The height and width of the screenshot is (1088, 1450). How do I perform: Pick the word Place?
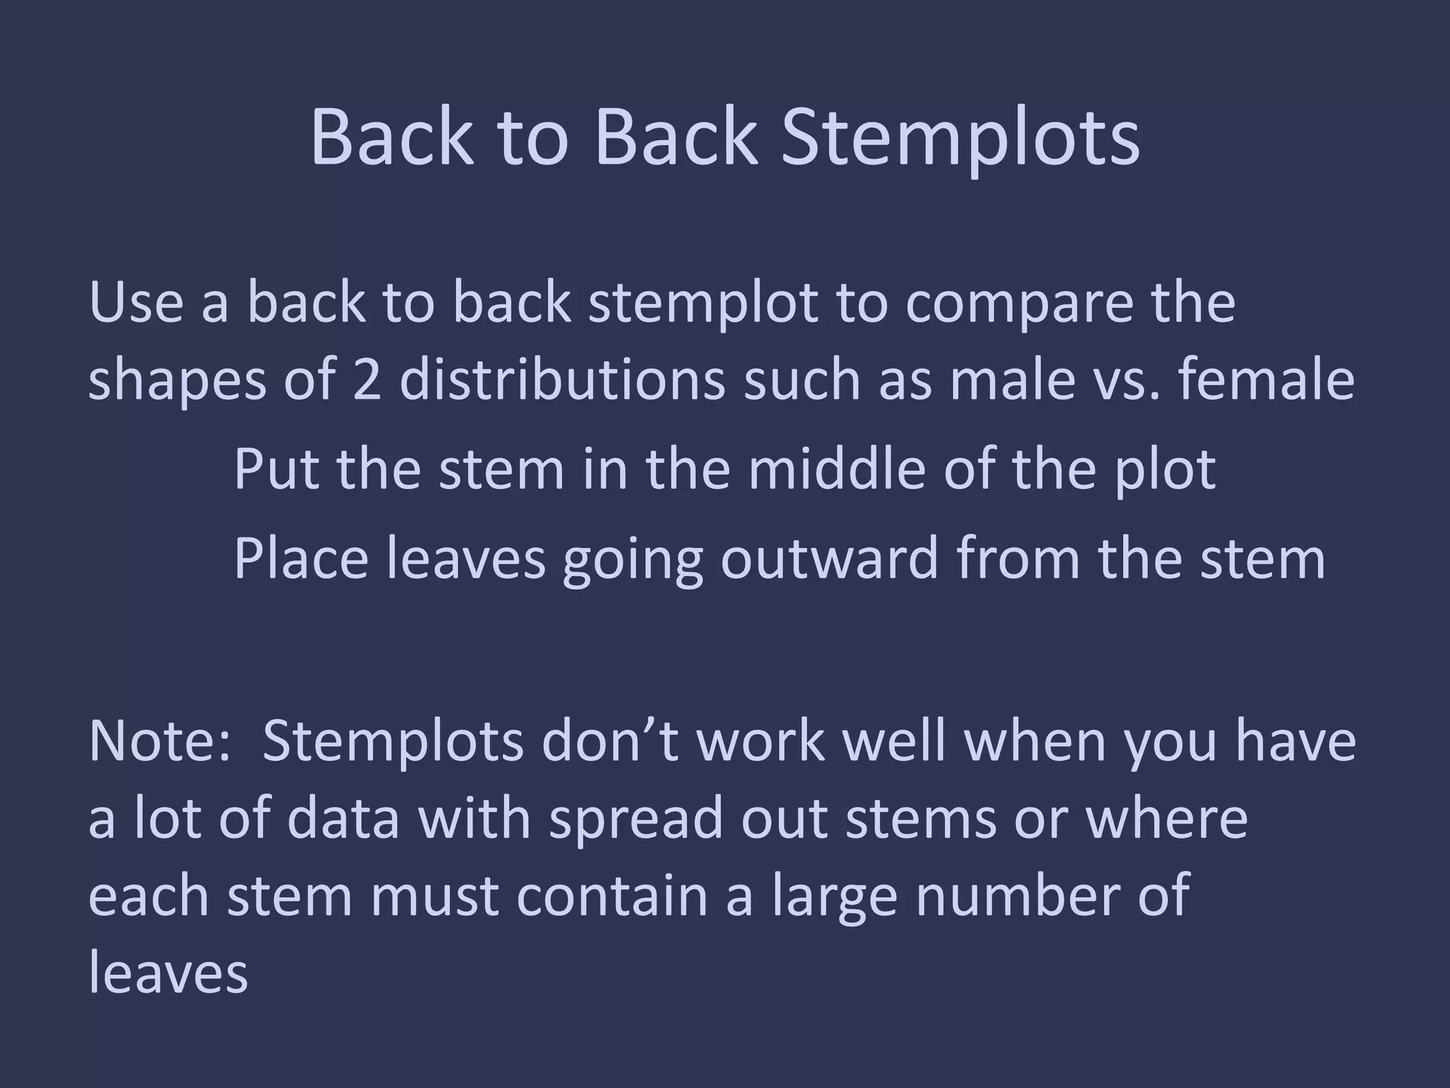(300, 558)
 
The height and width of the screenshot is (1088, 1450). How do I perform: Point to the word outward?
(830, 558)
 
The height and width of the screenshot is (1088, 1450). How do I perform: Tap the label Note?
(160, 741)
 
